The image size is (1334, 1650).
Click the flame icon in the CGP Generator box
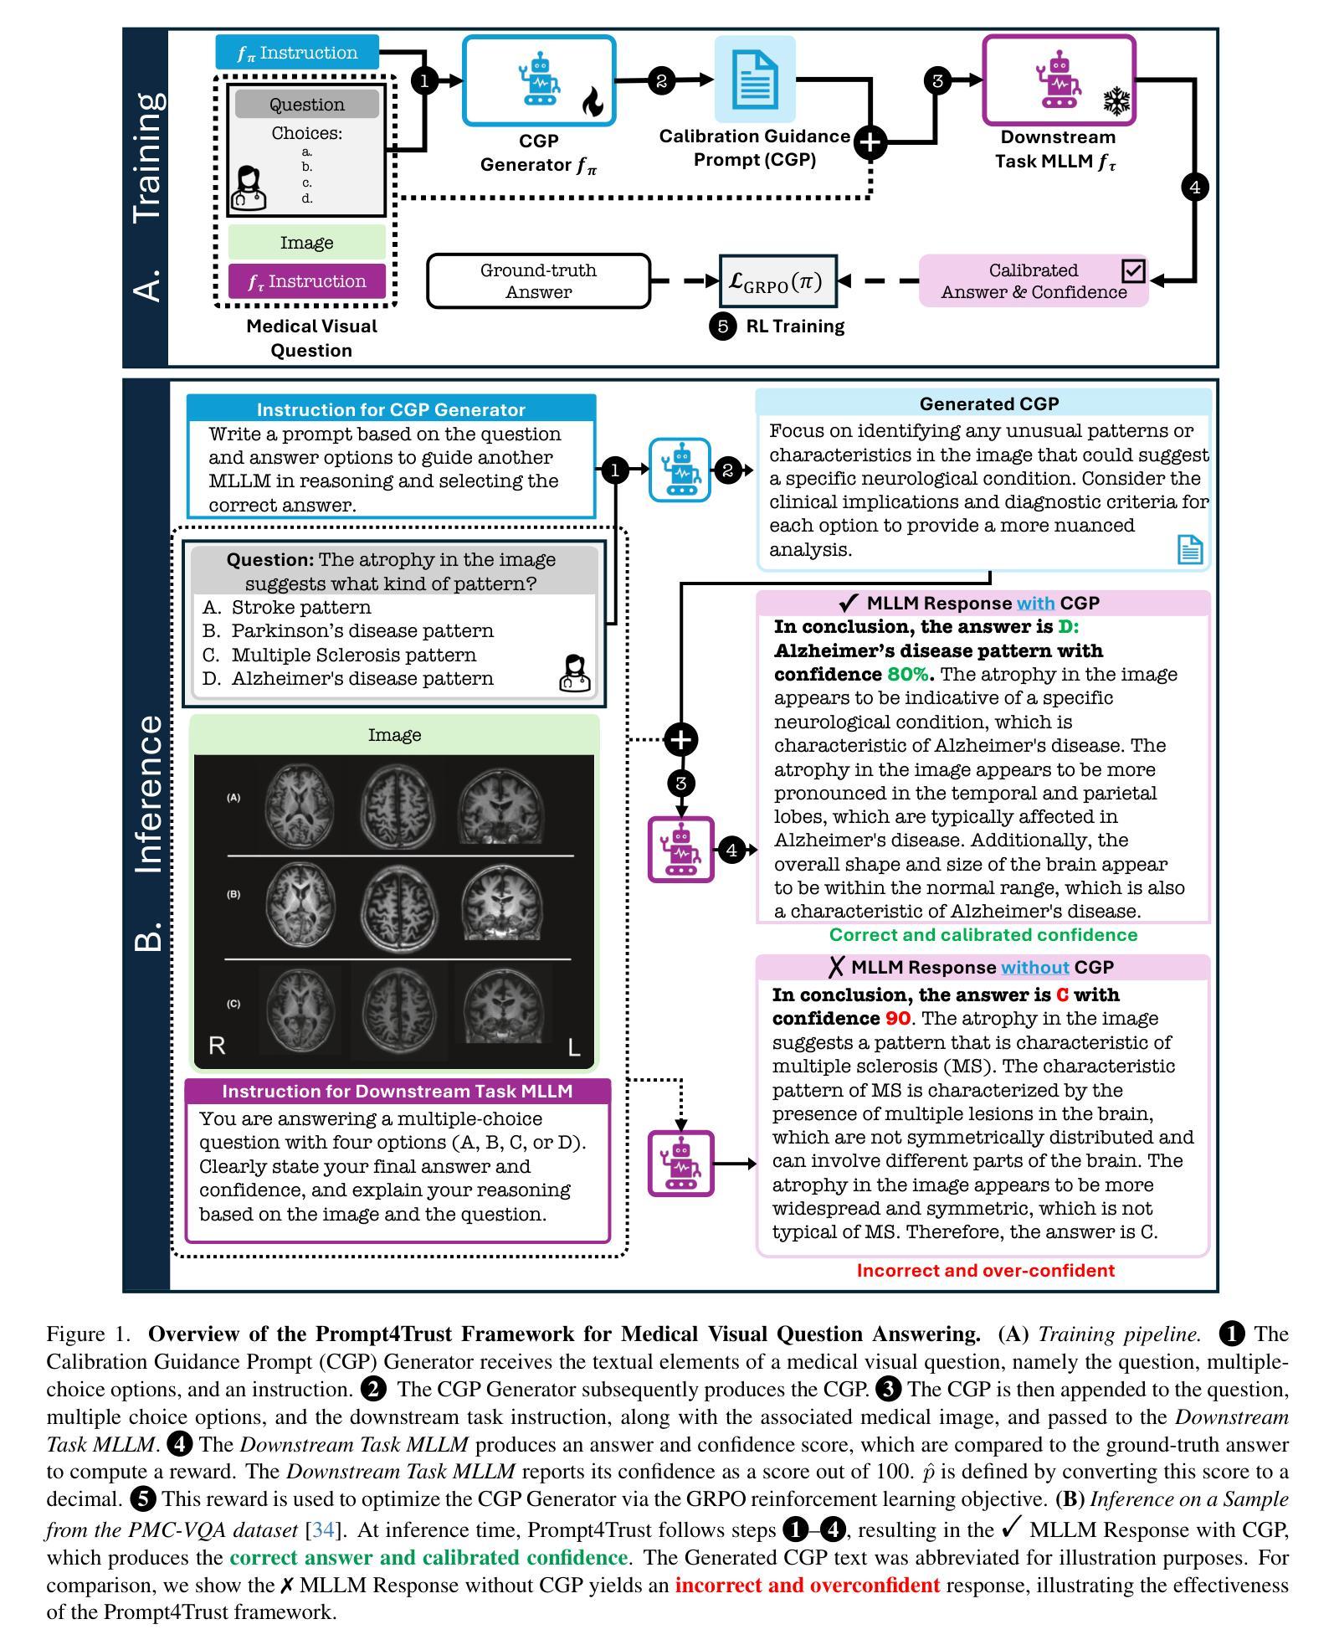(592, 104)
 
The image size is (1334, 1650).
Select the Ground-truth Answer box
(539, 281)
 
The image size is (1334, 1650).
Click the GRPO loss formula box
(777, 281)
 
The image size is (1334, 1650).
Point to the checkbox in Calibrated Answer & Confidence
(1133, 270)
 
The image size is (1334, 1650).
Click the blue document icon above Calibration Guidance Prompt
(755, 80)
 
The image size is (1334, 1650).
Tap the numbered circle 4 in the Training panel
(1194, 187)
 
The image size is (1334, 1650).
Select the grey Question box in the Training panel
(307, 105)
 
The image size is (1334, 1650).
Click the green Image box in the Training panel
(307, 243)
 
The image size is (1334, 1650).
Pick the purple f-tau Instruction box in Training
(307, 281)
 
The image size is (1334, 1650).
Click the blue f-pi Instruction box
(297, 53)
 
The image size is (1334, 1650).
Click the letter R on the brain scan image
(217, 1046)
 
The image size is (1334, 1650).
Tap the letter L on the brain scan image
(574, 1047)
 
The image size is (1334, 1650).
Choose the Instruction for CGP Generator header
(391, 409)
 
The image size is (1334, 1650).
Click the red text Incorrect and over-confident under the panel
(986, 1270)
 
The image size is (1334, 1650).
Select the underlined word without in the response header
(1035, 967)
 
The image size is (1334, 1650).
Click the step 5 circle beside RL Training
(722, 326)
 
